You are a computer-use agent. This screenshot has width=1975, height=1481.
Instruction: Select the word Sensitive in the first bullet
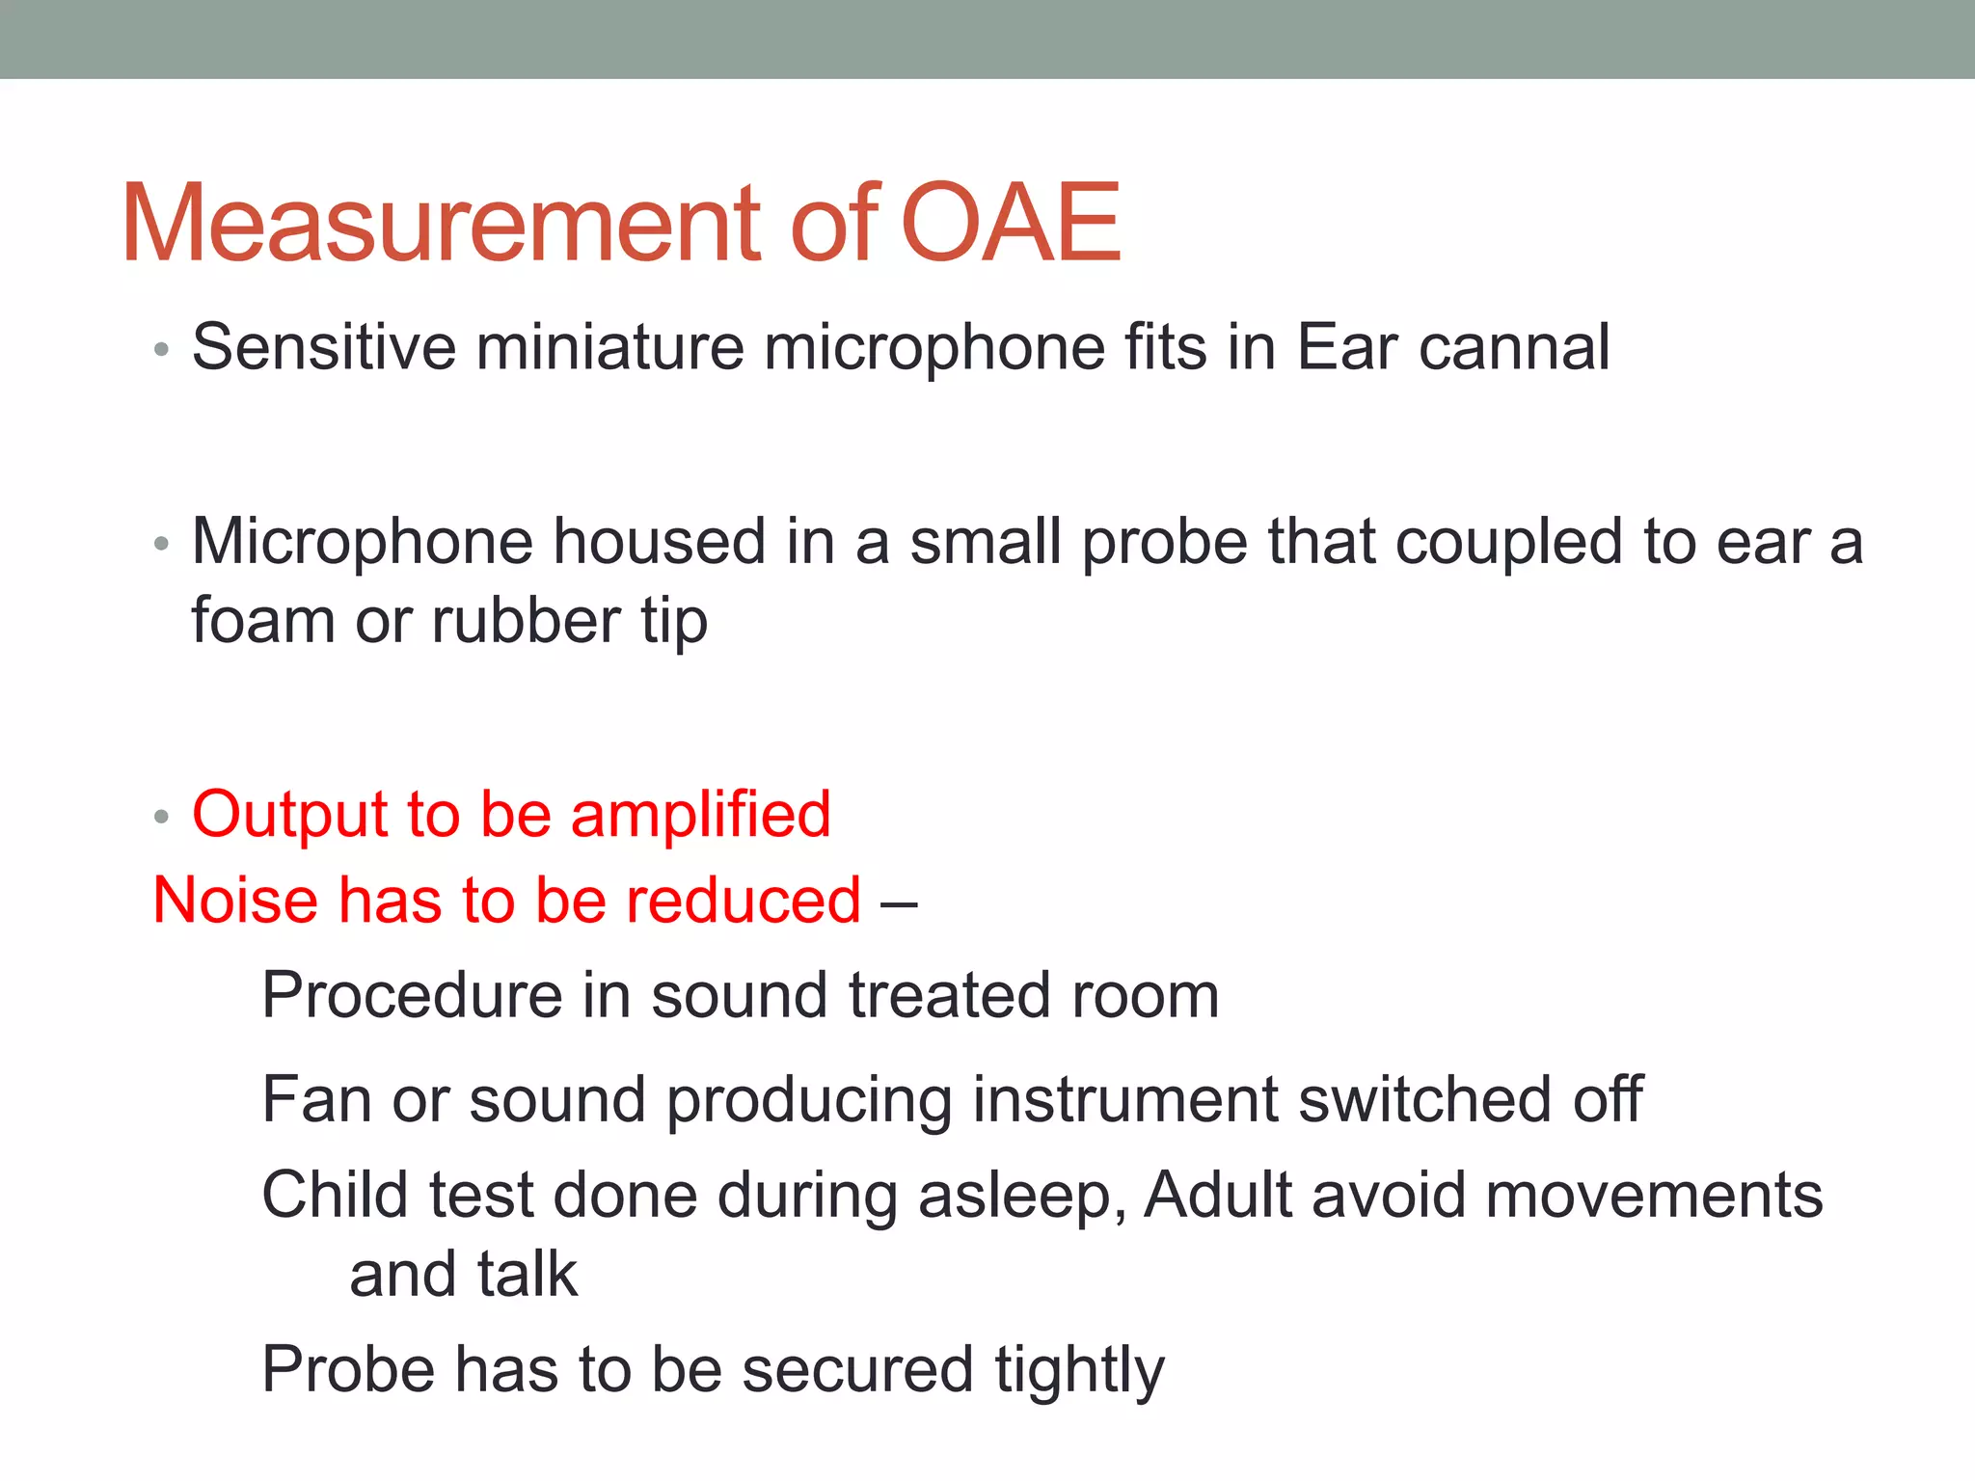323,347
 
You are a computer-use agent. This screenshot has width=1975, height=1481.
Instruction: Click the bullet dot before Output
161,818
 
